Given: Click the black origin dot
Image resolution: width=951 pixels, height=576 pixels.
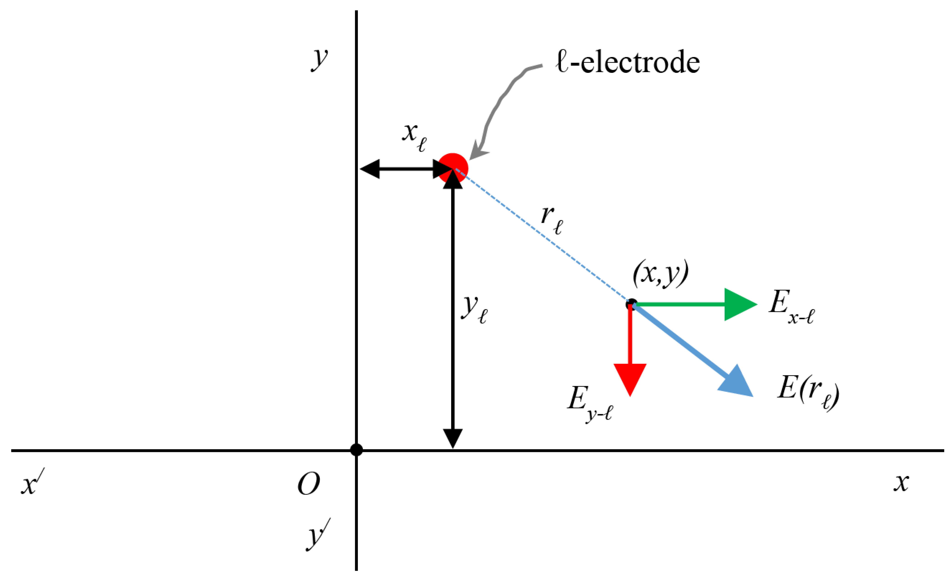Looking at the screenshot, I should (356, 450).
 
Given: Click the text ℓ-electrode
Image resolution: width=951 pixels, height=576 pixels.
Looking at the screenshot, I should (627, 62).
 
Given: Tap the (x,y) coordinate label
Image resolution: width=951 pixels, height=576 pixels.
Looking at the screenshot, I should (660, 273).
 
